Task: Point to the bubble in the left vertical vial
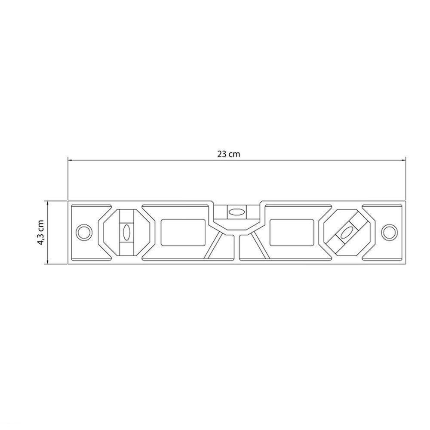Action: (127, 232)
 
